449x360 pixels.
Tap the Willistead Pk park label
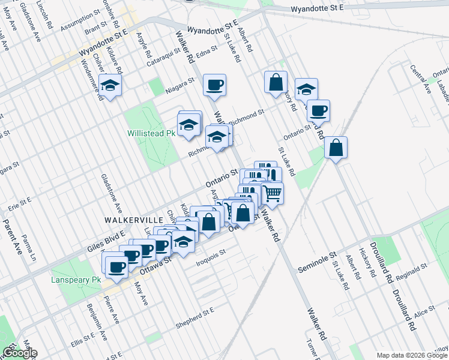(150, 133)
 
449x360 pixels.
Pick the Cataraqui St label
(164, 58)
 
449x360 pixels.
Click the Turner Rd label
(313, 349)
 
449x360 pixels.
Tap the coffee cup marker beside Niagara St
(214, 85)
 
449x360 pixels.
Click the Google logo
(19, 353)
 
